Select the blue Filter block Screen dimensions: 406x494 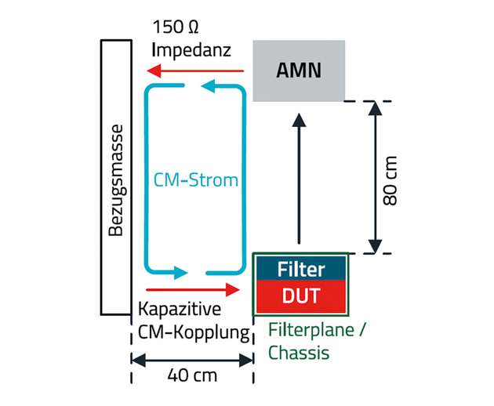click(301, 269)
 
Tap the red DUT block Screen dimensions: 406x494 click(301, 295)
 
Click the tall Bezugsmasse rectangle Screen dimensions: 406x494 click(116, 176)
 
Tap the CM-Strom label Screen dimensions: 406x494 click(197, 180)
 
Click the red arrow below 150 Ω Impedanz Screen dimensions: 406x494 click(196, 71)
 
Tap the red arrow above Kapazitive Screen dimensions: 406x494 click(191, 289)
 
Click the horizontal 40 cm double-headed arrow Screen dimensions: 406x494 click(192, 360)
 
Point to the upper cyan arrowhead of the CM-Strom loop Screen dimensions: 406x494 click(209, 86)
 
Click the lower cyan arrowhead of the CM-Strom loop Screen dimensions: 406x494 click(181, 273)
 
